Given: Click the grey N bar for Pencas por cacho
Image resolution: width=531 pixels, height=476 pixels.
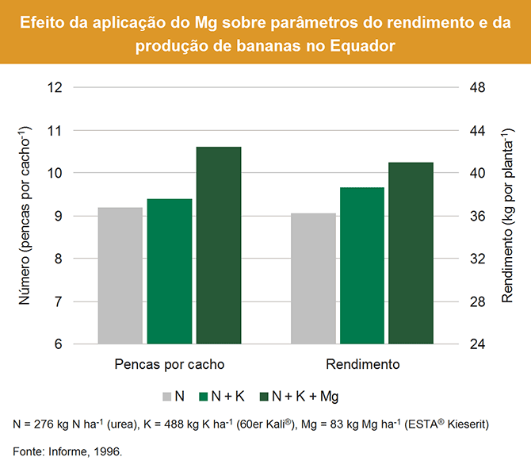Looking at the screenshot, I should click(120, 275).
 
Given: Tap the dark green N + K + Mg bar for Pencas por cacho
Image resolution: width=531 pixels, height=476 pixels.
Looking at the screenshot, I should click(219, 245).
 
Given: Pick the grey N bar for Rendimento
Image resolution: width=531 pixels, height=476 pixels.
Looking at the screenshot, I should click(313, 278).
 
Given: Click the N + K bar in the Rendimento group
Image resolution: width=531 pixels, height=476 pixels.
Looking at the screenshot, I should click(362, 266).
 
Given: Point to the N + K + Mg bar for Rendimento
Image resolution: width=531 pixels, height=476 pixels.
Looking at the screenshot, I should click(411, 253).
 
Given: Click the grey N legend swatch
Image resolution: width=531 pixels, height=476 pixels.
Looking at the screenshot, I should click(167, 395).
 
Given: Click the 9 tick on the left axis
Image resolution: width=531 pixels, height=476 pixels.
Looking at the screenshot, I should click(59, 216).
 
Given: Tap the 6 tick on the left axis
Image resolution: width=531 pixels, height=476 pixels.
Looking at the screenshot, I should click(59, 344).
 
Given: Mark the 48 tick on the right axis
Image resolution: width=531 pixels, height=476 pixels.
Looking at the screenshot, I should click(478, 86).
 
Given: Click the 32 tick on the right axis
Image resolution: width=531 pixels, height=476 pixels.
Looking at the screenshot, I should click(478, 259).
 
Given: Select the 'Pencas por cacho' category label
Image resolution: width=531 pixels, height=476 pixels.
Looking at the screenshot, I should click(170, 365).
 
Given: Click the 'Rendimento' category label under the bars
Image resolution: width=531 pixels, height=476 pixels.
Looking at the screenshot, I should click(362, 365).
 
